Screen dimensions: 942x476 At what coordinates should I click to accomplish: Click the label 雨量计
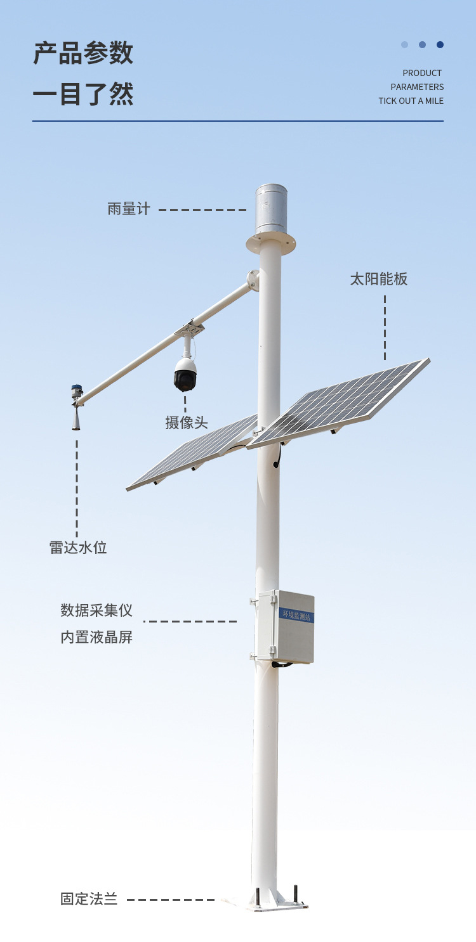(x=129, y=209)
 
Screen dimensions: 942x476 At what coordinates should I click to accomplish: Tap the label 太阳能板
(x=379, y=279)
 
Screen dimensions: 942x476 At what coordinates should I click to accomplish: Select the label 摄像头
(x=187, y=423)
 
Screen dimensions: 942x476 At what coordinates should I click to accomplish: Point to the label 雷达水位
(x=78, y=547)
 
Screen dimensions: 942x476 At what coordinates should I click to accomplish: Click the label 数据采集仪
(x=96, y=610)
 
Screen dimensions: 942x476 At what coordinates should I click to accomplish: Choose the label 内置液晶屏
(x=96, y=637)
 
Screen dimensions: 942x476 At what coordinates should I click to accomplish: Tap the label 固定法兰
(x=89, y=899)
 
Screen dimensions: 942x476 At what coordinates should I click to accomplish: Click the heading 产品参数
(x=83, y=53)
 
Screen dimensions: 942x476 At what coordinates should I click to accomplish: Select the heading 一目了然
(x=83, y=94)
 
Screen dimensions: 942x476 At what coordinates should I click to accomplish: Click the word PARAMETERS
(x=417, y=87)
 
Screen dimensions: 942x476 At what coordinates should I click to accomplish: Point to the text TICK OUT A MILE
(x=411, y=101)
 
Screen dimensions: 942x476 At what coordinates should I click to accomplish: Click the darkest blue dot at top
(x=440, y=45)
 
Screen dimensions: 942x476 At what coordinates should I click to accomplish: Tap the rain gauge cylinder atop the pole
(x=271, y=209)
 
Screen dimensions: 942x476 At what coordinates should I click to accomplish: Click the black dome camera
(x=185, y=375)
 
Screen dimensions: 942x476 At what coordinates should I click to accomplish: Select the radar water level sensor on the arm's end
(x=76, y=409)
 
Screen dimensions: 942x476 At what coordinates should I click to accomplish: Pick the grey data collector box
(x=286, y=628)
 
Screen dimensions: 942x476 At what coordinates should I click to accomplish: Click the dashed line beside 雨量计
(x=202, y=210)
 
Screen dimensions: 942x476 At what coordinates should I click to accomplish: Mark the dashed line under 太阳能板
(x=385, y=326)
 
